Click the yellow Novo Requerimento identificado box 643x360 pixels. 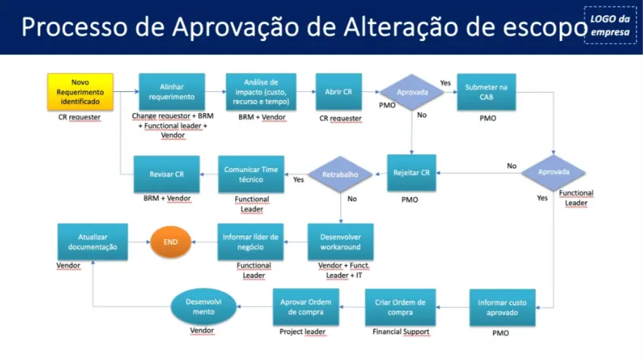point(80,92)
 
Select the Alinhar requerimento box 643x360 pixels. point(171,92)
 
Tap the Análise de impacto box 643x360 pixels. point(261,92)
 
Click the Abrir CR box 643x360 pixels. point(339,92)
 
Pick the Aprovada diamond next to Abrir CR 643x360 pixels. point(412,93)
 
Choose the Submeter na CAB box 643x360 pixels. point(486,92)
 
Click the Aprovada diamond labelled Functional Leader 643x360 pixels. point(553,173)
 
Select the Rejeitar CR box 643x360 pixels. point(411,173)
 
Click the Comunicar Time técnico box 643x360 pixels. point(251,173)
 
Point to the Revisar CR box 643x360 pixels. point(167,174)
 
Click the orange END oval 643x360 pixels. point(170,241)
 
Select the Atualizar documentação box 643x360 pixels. point(92,241)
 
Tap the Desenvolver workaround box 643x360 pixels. point(341,241)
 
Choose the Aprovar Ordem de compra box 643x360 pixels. point(307,307)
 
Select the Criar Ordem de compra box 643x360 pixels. point(400,307)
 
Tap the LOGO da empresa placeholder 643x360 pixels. point(610,26)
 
